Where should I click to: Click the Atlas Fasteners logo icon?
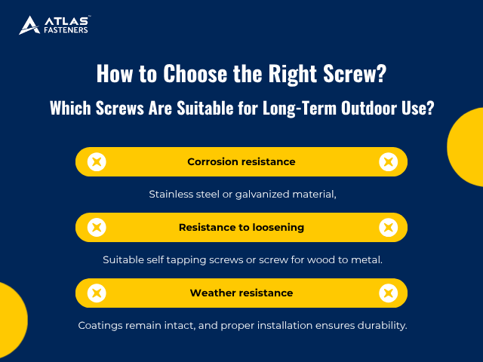point(29,25)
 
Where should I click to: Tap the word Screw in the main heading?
point(353,74)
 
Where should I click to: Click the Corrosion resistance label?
point(241,161)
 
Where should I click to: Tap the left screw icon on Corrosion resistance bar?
point(97,161)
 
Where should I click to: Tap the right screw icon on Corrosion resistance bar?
point(387,161)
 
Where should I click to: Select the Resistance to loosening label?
point(241,227)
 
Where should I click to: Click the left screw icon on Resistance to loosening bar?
point(97,227)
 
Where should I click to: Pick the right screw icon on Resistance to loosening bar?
point(387,227)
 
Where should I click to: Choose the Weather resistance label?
point(241,293)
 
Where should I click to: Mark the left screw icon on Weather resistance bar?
point(97,293)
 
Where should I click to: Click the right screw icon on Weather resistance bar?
point(387,293)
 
